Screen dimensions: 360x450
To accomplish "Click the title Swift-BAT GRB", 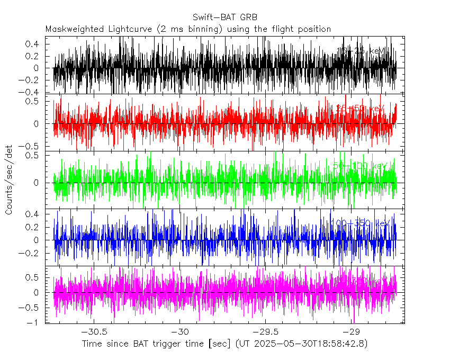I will click(x=225, y=17).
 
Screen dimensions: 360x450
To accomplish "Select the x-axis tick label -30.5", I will click(x=93, y=332).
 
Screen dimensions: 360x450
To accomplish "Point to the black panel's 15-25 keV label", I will click(x=362, y=51).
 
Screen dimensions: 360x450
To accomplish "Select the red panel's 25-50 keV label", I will click(x=360, y=108).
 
